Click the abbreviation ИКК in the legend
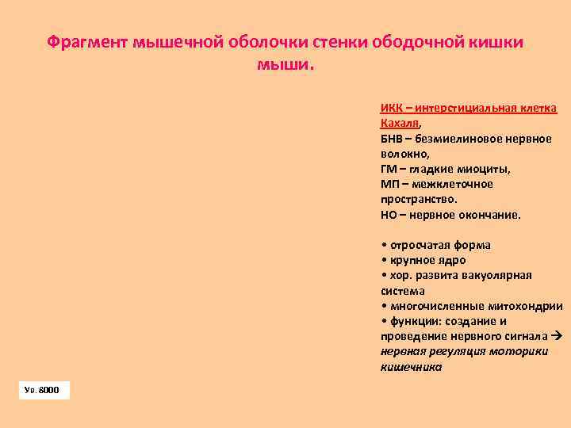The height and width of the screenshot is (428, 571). pyautogui.click(x=390, y=109)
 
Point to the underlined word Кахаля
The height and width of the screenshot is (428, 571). pyautogui.click(x=400, y=124)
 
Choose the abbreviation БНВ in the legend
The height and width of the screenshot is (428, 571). pyautogui.click(x=391, y=139)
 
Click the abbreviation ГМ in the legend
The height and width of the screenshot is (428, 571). pyautogui.click(x=388, y=169)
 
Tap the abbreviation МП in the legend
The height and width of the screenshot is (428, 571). pyautogui.click(x=389, y=184)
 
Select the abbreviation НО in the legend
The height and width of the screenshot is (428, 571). pyautogui.click(x=389, y=214)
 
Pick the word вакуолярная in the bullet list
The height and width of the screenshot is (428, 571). pyautogui.click(x=500, y=275)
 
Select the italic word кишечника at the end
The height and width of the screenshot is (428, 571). pyautogui.click(x=411, y=367)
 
